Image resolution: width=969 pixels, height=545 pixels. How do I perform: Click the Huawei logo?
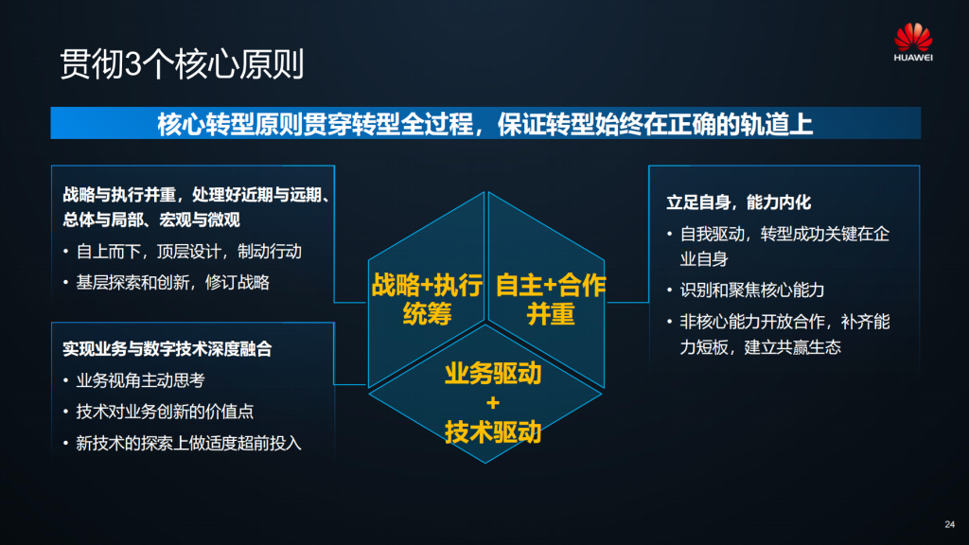pyautogui.click(x=913, y=42)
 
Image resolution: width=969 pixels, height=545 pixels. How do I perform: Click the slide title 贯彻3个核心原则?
pyautogui.click(x=182, y=64)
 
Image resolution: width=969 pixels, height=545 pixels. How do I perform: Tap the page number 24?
pyautogui.click(x=950, y=524)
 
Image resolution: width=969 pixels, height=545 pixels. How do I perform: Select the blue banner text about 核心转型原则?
pyautogui.click(x=485, y=124)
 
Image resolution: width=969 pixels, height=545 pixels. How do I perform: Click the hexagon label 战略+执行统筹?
pyautogui.click(x=427, y=300)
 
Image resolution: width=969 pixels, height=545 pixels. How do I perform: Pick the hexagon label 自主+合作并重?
pyautogui.click(x=551, y=300)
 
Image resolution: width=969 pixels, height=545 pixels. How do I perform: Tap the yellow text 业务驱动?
pyautogui.click(x=493, y=374)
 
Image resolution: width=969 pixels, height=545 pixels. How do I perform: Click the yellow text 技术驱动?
pyautogui.click(x=493, y=431)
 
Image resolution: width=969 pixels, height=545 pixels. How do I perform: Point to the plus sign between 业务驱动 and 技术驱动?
pyautogui.click(x=492, y=403)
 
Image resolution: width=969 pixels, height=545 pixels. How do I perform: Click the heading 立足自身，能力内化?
pyautogui.click(x=738, y=202)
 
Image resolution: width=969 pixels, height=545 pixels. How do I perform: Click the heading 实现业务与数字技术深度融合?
pyautogui.click(x=167, y=349)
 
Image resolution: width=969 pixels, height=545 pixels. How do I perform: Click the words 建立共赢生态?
pyautogui.click(x=793, y=347)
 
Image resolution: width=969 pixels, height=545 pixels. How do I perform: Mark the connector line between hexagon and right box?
pyautogui.click(x=627, y=302)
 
